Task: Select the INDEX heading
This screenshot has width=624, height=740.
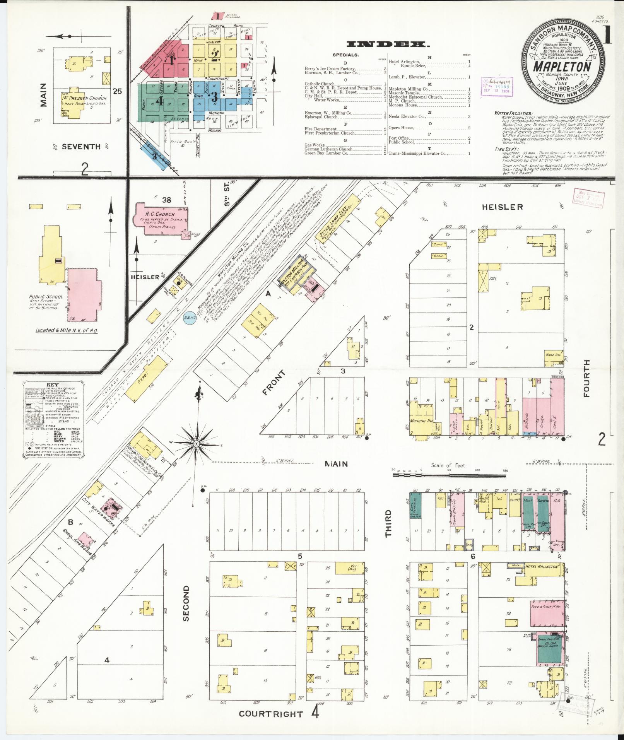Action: tap(388, 44)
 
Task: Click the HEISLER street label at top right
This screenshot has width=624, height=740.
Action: tap(502, 207)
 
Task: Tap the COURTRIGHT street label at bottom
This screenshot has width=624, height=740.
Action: tap(271, 714)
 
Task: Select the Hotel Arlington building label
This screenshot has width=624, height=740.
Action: tap(541, 566)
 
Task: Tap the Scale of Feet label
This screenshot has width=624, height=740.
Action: tap(449, 465)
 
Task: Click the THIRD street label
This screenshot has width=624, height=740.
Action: tap(388, 523)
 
